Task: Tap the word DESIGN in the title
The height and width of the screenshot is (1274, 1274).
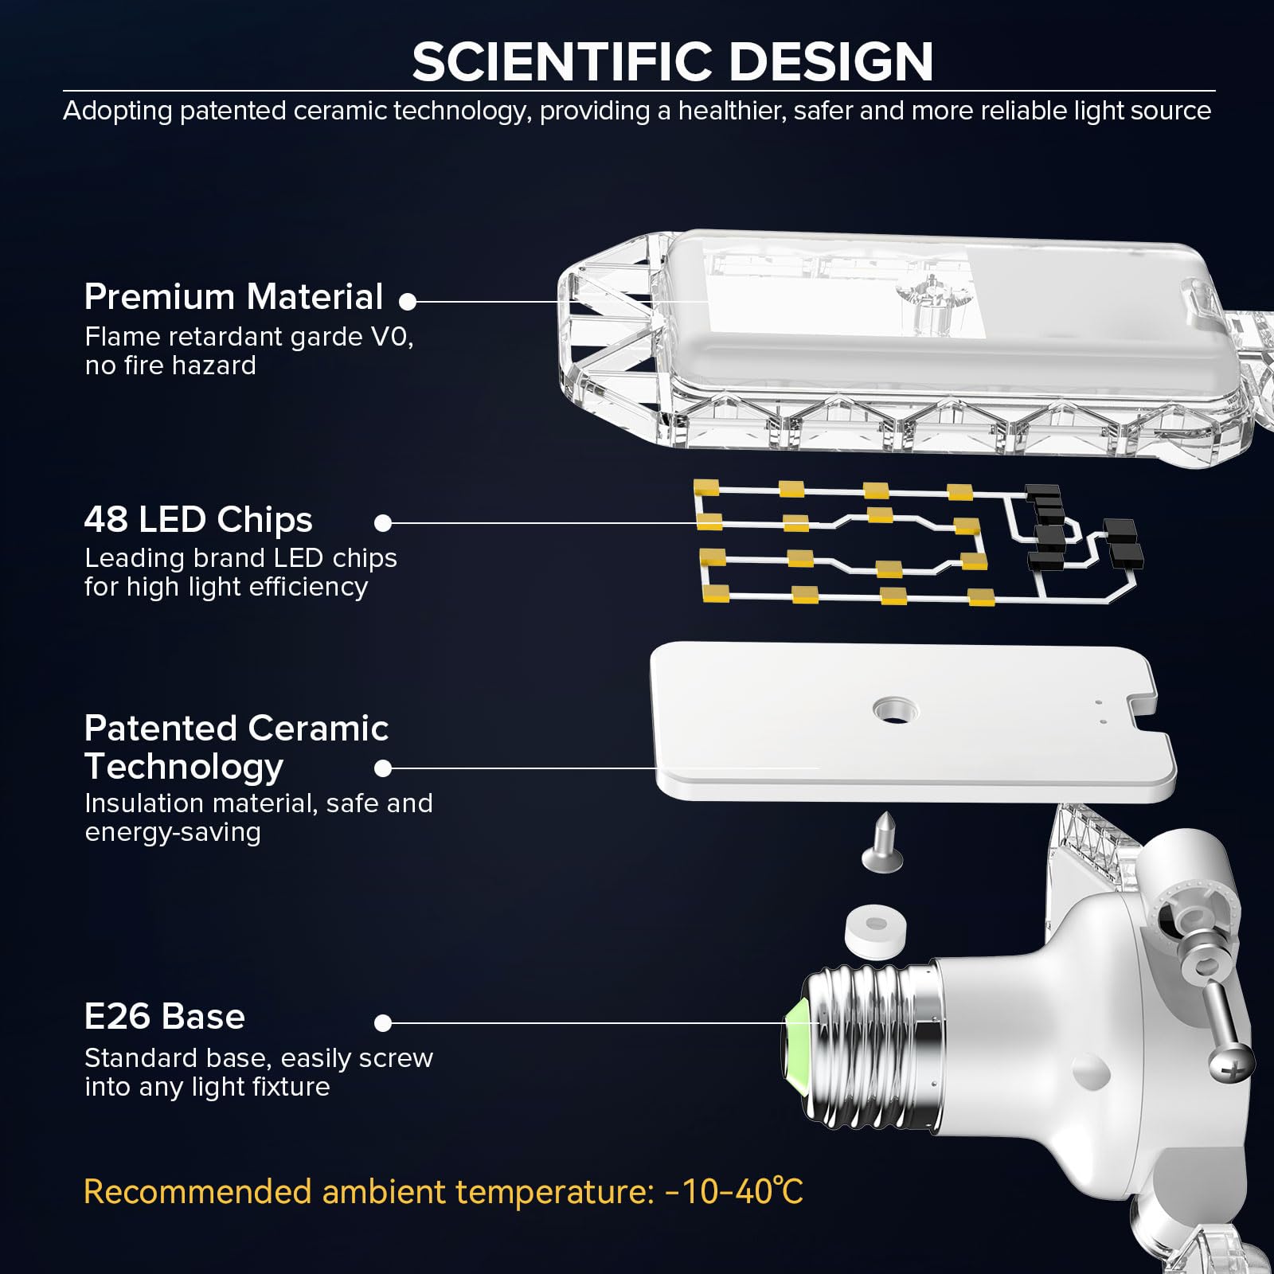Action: click(830, 61)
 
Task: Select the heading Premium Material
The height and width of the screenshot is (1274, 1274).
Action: click(233, 297)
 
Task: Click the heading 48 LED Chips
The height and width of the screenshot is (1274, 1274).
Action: click(198, 520)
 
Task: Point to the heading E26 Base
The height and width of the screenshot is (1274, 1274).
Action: click(165, 1017)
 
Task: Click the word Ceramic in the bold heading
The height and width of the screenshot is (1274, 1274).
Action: click(318, 729)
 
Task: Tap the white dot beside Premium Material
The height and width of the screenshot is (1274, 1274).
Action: click(408, 302)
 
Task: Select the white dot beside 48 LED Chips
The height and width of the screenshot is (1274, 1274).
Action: click(383, 523)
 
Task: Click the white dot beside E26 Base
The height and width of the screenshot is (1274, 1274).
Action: click(383, 1023)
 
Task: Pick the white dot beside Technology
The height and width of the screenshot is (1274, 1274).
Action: click(383, 768)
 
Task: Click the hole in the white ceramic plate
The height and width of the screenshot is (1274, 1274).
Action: click(894, 709)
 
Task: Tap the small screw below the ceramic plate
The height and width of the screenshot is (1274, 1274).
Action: click(881, 843)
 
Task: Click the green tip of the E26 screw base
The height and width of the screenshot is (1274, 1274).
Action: click(799, 1027)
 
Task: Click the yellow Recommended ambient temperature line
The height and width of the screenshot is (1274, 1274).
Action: click(444, 1192)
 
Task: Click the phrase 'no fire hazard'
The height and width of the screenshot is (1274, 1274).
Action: click(170, 365)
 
